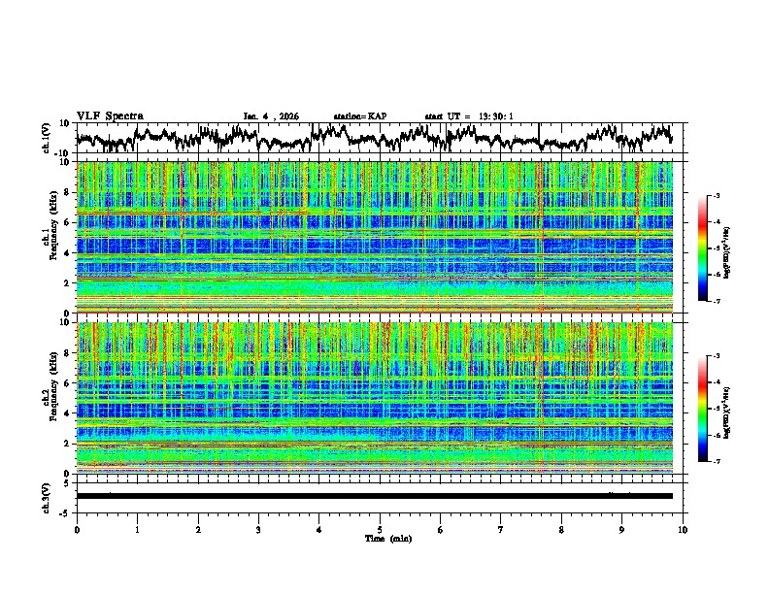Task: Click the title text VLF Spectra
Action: coord(110,116)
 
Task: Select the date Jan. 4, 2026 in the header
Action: coord(271,116)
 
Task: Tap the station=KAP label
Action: coord(360,116)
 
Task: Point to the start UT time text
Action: coord(469,116)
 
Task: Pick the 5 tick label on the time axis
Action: coord(380,528)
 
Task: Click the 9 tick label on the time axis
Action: coord(622,528)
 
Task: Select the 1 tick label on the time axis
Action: coord(137,528)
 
